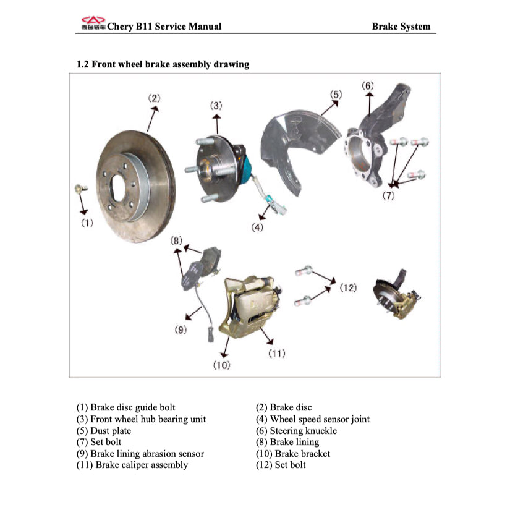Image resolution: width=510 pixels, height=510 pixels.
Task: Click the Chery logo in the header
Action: [x=93, y=23]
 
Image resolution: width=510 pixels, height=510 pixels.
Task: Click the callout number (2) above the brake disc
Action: [x=154, y=98]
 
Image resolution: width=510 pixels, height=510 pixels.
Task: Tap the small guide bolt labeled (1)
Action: [x=78, y=187]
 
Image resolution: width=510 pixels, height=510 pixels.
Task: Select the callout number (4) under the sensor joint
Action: [x=257, y=227]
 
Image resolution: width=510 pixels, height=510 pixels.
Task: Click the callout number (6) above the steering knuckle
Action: [x=368, y=85]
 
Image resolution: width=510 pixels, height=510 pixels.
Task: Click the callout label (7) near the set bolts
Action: [x=388, y=196]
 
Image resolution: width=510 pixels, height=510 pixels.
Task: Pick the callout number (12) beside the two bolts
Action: [x=348, y=288]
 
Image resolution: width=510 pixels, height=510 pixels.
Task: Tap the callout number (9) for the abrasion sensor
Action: [x=180, y=329]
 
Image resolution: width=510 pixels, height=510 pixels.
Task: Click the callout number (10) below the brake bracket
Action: [x=221, y=365]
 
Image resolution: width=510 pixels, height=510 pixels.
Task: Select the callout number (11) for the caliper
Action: [x=276, y=353]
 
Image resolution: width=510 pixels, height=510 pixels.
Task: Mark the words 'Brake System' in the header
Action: [x=401, y=27]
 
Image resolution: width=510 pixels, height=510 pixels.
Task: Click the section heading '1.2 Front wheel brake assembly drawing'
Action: [x=163, y=64]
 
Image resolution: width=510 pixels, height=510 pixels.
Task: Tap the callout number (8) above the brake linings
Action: [x=176, y=240]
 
